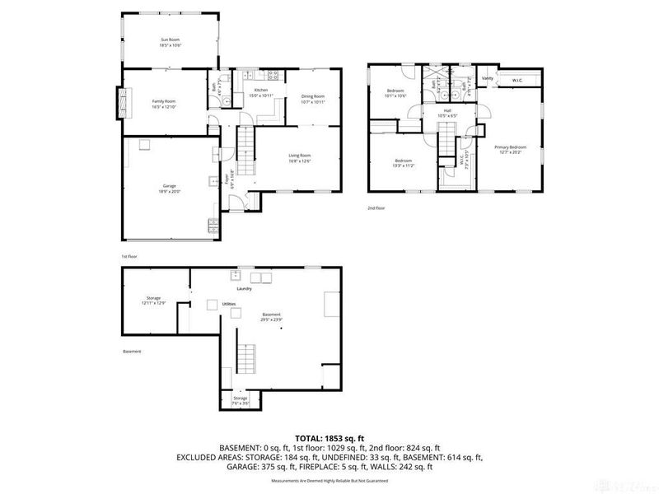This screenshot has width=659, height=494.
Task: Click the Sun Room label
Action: (x=170, y=39)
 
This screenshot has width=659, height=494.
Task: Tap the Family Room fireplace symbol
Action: (x=124, y=103)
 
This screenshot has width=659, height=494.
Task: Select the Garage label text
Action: (x=169, y=186)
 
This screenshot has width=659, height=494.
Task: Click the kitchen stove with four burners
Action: (x=266, y=78)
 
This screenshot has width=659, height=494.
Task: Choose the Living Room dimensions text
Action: (x=298, y=161)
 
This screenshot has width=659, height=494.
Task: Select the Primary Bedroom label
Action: (x=510, y=147)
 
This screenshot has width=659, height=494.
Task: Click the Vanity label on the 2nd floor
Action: (x=487, y=78)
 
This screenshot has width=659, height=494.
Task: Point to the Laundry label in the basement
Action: (x=245, y=288)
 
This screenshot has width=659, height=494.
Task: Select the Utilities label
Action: (x=229, y=304)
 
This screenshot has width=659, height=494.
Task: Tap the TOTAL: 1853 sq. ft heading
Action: (x=329, y=438)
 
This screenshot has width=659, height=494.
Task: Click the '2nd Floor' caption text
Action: (x=376, y=208)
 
